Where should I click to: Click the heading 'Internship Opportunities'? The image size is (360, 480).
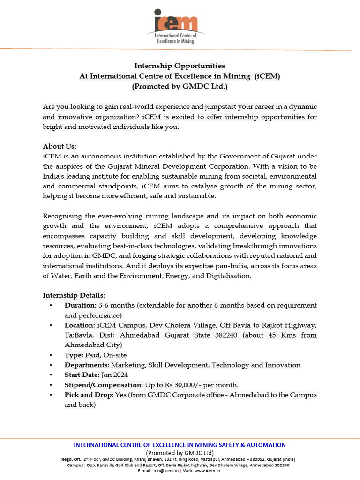pos(180,66)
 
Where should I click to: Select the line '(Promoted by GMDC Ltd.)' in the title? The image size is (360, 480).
pos(180,86)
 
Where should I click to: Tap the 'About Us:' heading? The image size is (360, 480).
pos(60,146)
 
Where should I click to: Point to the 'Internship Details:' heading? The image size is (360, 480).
pos(74,295)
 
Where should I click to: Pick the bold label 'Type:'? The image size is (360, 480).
pos(74,355)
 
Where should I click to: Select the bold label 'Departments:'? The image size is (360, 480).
pos(87,365)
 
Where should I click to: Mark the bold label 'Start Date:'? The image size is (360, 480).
pos(82,375)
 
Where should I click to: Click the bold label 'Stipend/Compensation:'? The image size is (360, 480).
pos(104,385)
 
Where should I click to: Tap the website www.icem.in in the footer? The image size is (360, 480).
pos(208,471)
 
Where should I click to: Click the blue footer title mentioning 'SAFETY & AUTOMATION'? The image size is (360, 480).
pos(180,445)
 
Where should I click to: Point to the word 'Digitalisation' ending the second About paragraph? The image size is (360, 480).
pos(229,276)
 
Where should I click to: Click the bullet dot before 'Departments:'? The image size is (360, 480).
pos(51,365)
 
